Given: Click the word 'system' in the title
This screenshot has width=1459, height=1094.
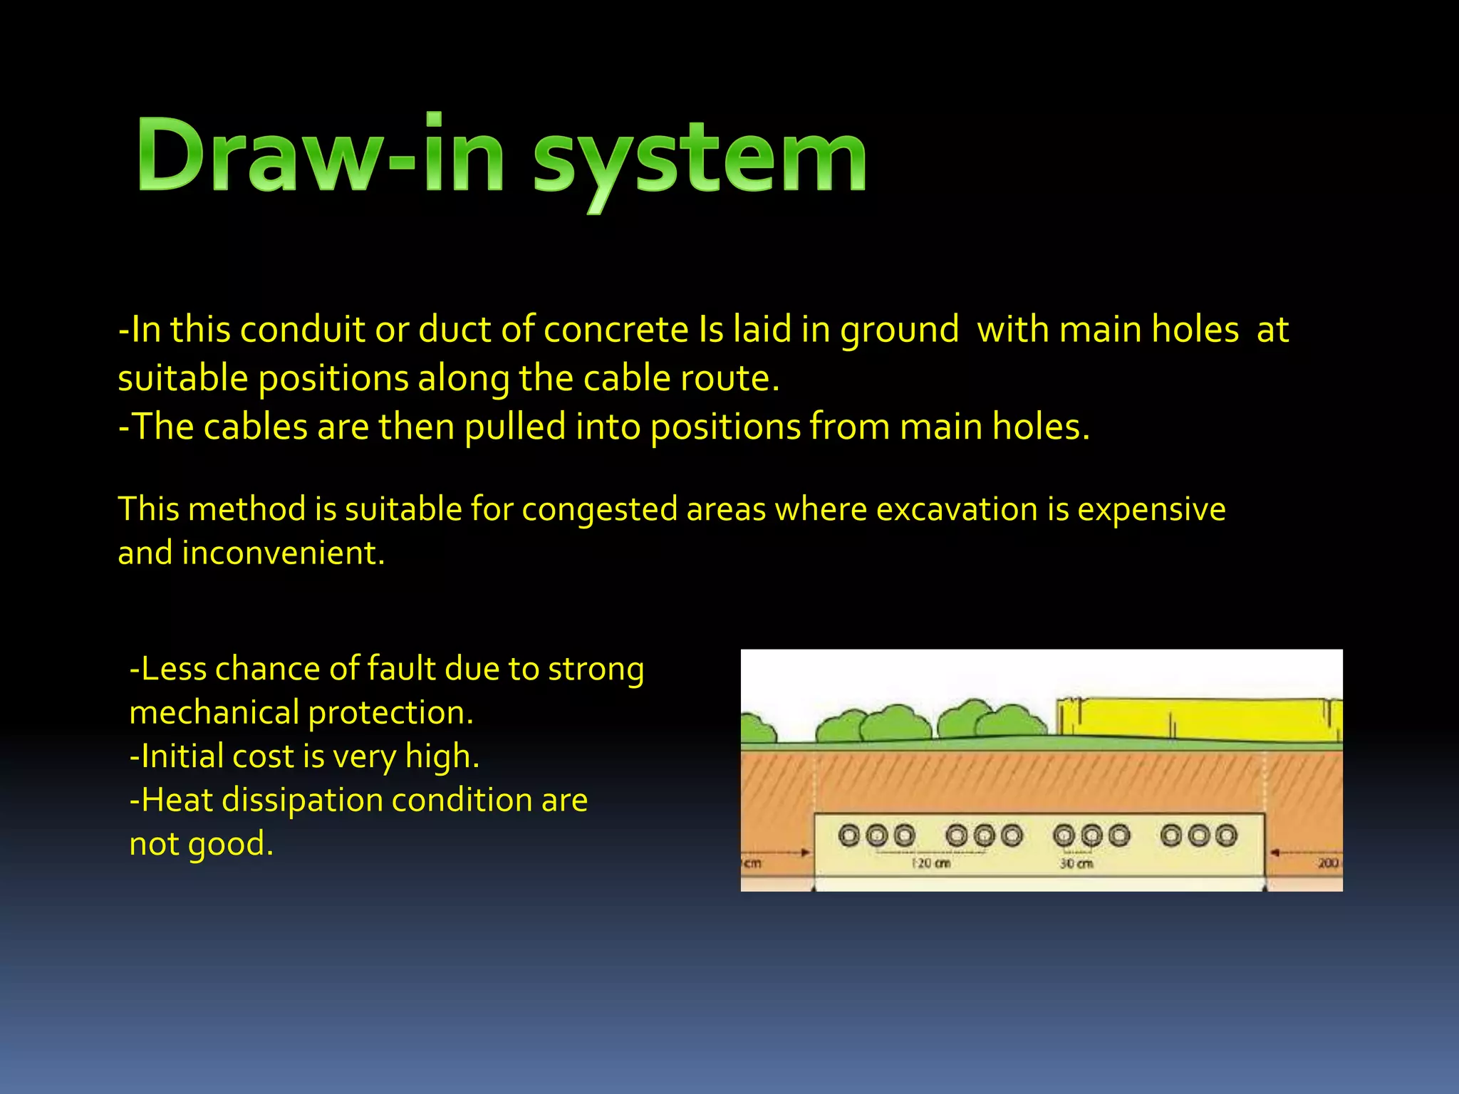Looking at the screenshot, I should tap(700, 158).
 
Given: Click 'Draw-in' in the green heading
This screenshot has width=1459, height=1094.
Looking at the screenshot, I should tap(321, 155).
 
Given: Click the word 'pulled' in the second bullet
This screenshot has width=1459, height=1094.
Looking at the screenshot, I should tap(514, 428).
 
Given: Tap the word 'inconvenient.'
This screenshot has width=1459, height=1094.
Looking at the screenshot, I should tap(283, 553).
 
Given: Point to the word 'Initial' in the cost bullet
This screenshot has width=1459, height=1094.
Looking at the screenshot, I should tap(182, 756).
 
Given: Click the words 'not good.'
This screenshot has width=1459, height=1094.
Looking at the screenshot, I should tap(201, 844).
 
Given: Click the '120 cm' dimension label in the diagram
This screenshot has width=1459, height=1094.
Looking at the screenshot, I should tap(931, 863).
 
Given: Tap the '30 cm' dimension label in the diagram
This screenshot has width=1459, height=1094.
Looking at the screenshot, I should tap(1076, 863).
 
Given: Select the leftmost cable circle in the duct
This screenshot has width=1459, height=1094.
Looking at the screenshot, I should tap(849, 835).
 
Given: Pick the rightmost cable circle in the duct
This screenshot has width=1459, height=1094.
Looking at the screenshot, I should tap(1226, 835).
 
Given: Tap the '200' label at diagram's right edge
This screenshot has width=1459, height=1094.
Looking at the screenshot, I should tap(1328, 863).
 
